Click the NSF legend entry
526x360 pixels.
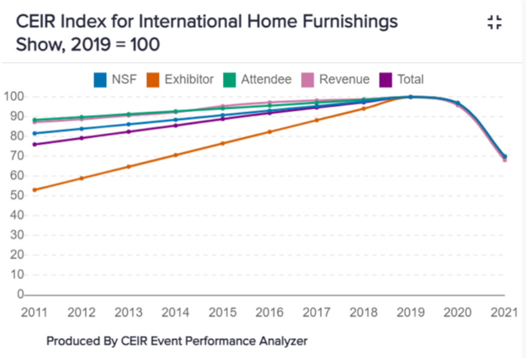click(115, 79)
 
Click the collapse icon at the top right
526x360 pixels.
click(494, 24)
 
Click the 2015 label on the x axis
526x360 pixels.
click(223, 312)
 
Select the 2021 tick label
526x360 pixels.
click(504, 312)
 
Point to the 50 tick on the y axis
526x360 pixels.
click(15, 195)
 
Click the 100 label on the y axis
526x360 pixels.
click(13, 96)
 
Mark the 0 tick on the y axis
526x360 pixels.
click(19, 294)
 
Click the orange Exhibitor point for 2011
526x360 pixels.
click(34, 190)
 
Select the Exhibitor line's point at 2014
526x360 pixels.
click(176, 155)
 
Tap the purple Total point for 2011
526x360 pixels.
click(34, 144)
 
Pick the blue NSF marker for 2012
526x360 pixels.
click(81, 128)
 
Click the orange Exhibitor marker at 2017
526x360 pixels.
click(317, 120)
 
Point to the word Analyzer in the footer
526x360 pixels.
click(282, 341)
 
